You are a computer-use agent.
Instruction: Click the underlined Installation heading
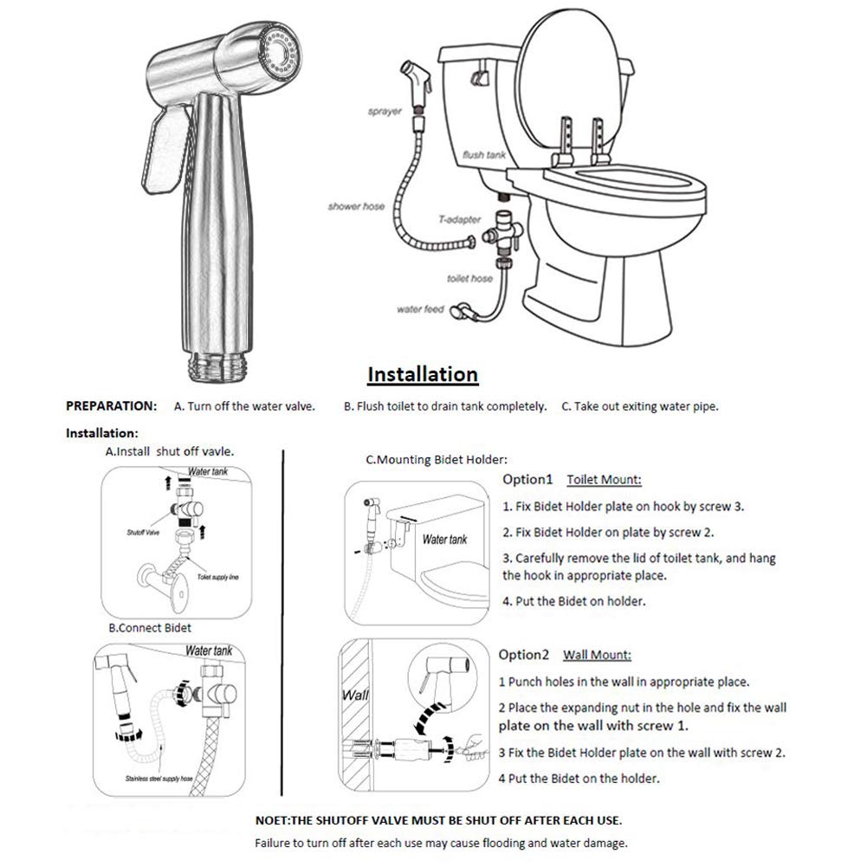tap(423, 374)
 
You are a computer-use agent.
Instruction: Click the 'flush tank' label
tap(482, 153)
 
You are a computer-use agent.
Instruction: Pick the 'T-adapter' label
tap(460, 220)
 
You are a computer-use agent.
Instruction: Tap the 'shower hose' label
tap(356, 207)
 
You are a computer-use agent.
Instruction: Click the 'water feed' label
tap(420, 309)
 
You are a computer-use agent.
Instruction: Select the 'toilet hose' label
tap(469, 279)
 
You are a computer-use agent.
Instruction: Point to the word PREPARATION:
tap(112, 405)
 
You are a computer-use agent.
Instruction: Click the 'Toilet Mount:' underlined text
tap(604, 479)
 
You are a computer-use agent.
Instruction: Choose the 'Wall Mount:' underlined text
tap(598, 655)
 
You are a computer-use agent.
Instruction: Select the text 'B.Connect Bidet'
tap(149, 627)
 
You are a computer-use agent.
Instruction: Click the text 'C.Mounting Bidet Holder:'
tap(437, 460)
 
